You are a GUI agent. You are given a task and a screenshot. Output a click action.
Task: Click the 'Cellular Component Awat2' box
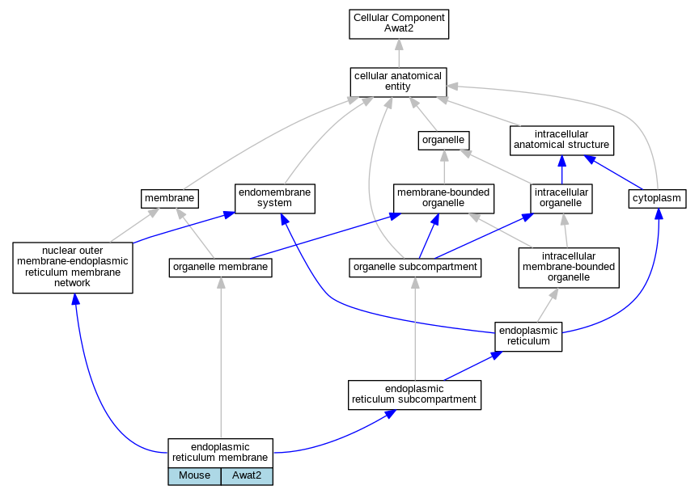(399, 24)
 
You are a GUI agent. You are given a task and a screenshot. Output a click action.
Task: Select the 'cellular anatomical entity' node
(398, 82)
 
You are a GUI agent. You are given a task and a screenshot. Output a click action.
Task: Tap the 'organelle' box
(443, 141)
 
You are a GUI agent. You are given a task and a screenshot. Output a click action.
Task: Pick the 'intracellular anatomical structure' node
(561, 141)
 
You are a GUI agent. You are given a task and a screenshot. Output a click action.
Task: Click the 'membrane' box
(169, 199)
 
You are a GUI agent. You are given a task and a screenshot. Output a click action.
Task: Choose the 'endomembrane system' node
(274, 199)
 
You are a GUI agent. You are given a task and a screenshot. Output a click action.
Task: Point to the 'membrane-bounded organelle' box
(443, 199)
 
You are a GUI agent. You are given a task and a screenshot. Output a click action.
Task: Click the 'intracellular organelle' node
(561, 199)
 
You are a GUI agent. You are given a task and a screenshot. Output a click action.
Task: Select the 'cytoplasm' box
(657, 199)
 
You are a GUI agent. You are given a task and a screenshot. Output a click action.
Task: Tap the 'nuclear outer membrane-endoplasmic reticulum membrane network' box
(73, 268)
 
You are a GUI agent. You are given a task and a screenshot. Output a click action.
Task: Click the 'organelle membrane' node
(220, 268)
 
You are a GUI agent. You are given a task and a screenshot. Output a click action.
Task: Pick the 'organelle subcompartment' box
(415, 268)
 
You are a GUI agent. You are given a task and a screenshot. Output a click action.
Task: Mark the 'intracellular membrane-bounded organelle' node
(569, 268)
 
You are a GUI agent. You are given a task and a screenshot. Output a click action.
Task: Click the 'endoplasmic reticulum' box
(528, 336)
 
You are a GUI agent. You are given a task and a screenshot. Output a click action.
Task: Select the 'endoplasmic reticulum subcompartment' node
(414, 395)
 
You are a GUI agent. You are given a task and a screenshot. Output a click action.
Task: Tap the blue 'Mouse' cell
(194, 475)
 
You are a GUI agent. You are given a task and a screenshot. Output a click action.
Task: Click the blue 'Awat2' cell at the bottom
(247, 475)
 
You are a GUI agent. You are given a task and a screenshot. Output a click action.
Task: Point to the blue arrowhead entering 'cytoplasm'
(659, 213)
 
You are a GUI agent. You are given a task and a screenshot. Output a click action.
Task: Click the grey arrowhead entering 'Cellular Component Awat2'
(399, 44)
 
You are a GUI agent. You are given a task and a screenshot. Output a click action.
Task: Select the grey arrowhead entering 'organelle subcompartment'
(415, 282)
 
